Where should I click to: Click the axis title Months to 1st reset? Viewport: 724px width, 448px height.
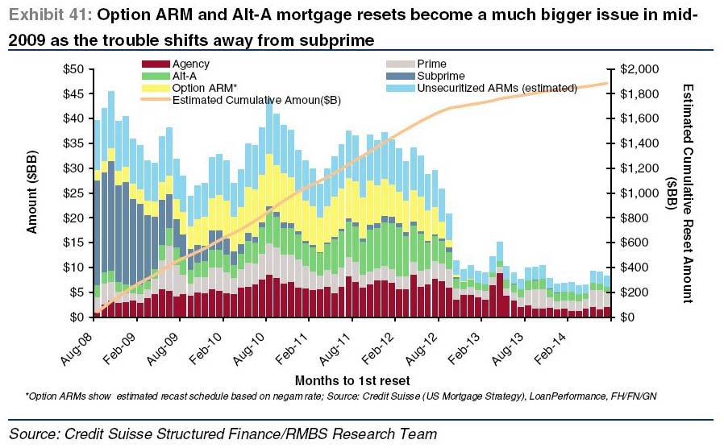click(x=352, y=380)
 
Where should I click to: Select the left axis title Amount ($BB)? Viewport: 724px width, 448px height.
click(x=32, y=193)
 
